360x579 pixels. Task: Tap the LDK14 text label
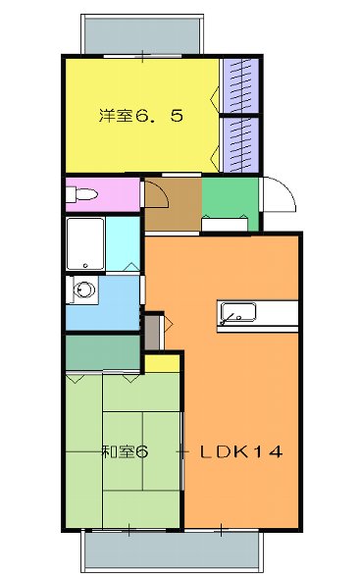(241, 452)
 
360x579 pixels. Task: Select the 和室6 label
(124, 452)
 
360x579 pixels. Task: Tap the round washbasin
(84, 290)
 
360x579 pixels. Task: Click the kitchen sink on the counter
(238, 313)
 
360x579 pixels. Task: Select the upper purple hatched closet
(239, 86)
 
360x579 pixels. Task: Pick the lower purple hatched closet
(239, 144)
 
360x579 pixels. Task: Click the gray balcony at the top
(142, 35)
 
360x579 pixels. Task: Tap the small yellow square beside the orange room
(162, 363)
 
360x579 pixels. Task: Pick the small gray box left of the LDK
(151, 332)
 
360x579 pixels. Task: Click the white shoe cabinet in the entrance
(225, 225)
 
